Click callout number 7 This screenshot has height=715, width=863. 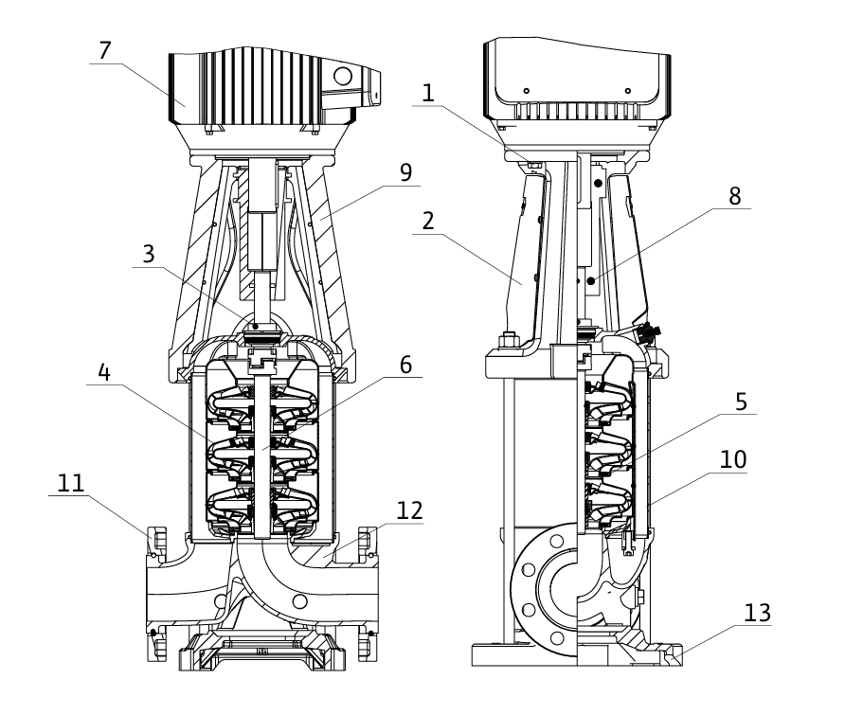(x=105, y=50)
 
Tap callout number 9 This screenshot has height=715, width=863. (x=405, y=173)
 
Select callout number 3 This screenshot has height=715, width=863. (x=149, y=255)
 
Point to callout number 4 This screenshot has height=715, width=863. (x=104, y=372)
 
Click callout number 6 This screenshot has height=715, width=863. (x=405, y=365)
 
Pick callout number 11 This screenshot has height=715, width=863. (x=71, y=483)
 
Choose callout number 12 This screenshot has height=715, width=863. (x=409, y=510)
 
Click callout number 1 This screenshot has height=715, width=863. (x=427, y=93)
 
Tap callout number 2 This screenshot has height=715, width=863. (x=428, y=222)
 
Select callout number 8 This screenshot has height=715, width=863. (x=735, y=196)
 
